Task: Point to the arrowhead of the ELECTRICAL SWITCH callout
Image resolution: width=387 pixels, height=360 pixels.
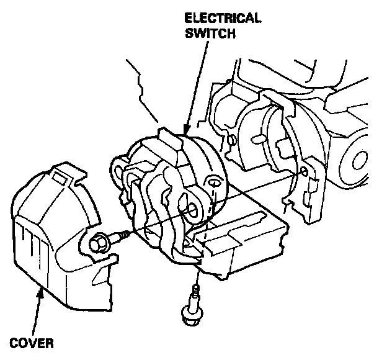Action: [185, 133]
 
